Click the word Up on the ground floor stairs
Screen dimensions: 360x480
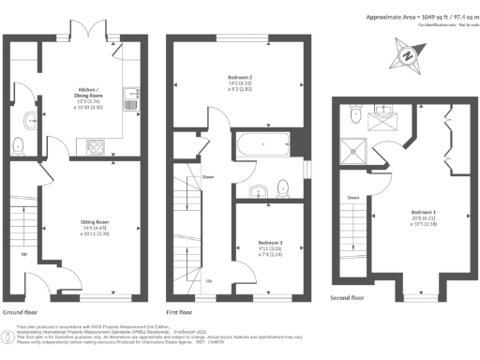pyautogui.click(x=23, y=252)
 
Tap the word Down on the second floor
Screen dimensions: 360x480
pyautogui.click(x=353, y=198)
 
